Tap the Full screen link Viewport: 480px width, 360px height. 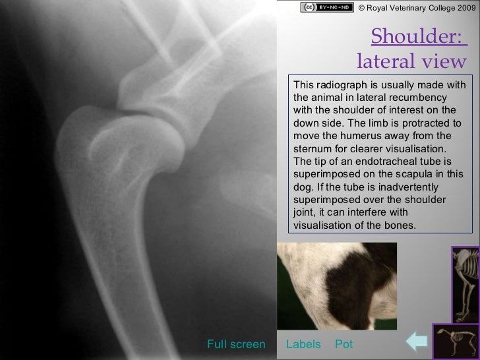point(236,344)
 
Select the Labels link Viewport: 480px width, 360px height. point(303,344)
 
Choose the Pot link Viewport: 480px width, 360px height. point(344,344)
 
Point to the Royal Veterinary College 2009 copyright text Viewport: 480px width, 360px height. point(416,8)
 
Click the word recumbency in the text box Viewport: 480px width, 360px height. point(420,98)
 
